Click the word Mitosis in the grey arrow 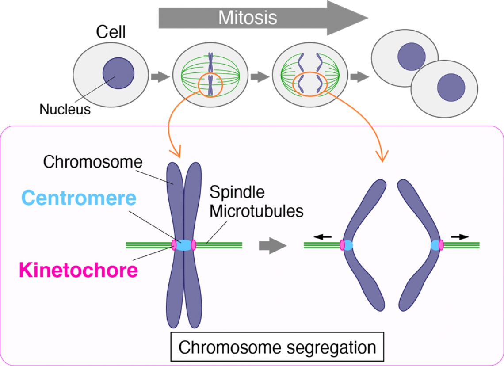(x=248, y=18)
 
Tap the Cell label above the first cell (x=111, y=32)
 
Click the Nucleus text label (x=65, y=109)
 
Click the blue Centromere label (x=79, y=198)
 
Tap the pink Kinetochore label (x=78, y=269)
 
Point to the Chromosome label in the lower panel (x=93, y=162)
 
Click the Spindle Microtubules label (x=256, y=202)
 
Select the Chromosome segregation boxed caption (x=277, y=347)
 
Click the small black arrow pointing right (x=460, y=237)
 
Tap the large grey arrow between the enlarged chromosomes (x=271, y=245)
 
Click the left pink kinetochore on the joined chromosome (x=174, y=245)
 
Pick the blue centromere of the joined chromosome (x=183, y=245)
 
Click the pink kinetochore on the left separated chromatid (x=342, y=245)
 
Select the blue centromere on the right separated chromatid (x=435, y=245)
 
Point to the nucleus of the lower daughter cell (x=451, y=87)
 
